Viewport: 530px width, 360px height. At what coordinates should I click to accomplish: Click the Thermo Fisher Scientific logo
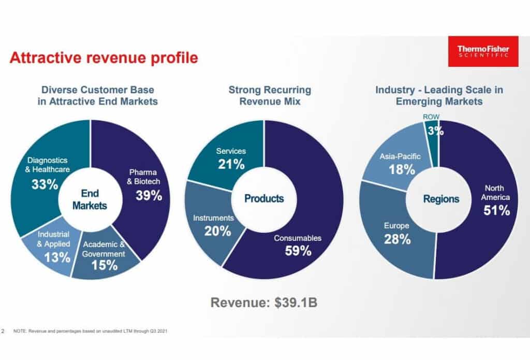(483, 51)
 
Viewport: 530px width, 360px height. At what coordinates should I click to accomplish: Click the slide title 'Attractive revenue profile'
(104, 58)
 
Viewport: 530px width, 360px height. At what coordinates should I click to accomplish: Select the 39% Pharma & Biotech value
(149, 195)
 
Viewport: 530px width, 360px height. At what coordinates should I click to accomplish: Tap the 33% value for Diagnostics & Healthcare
(45, 184)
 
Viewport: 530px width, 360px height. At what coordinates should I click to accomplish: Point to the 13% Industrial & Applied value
(57, 257)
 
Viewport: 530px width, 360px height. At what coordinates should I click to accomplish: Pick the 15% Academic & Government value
(105, 265)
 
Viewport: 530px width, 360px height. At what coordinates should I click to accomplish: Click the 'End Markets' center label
(90, 199)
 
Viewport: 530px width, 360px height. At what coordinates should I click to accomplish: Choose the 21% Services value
(231, 164)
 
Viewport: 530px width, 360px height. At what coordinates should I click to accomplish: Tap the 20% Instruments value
(217, 231)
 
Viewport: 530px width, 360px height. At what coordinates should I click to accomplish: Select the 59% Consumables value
(298, 251)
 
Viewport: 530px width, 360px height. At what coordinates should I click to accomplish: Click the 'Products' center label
(264, 198)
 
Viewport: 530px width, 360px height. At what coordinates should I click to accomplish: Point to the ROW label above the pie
(431, 117)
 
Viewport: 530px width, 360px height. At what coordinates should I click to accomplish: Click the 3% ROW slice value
(435, 131)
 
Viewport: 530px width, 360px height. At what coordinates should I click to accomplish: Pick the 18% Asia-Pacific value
(402, 169)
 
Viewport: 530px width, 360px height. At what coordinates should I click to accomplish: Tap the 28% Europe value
(397, 239)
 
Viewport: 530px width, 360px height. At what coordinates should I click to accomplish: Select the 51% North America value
(496, 210)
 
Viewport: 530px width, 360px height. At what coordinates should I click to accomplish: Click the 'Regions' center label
(441, 199)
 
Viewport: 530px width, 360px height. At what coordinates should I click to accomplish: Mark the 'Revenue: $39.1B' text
(264, 303)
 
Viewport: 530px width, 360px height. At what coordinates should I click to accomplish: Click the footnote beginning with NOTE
(90, 331)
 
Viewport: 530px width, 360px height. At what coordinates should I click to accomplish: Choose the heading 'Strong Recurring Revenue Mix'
(270, 96)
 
